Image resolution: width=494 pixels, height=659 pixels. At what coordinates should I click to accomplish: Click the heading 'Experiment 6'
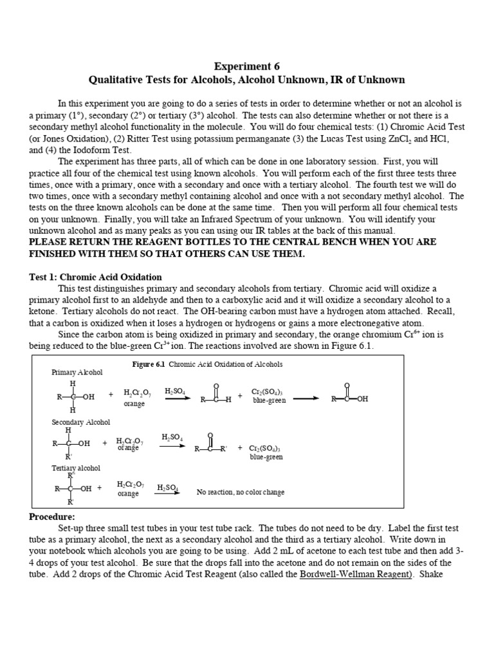(x=246, y=66)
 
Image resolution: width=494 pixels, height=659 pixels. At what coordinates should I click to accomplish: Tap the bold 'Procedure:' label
(x=52, y=517)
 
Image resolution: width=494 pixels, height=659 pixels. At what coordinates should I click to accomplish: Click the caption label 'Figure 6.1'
(x=149, y=364)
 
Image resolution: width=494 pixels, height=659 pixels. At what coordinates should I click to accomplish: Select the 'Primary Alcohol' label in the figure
(x=77, y=373)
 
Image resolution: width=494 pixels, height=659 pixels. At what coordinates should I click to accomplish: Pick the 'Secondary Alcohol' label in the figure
(x=80, y=422)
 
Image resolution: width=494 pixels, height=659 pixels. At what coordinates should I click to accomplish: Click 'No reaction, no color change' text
(x=240, y=492)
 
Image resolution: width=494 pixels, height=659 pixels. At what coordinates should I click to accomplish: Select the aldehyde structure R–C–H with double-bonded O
(x=215, y=394)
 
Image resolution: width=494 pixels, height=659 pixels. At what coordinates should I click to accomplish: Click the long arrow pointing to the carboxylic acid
(x=306, y=398)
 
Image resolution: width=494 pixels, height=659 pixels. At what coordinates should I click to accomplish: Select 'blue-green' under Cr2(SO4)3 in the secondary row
(x=266, y=457)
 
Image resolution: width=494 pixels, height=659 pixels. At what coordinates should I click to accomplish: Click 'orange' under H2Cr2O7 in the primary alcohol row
(x=134, y=404)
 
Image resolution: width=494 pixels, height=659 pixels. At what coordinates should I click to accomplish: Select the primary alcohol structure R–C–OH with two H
(x=74, y=396)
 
